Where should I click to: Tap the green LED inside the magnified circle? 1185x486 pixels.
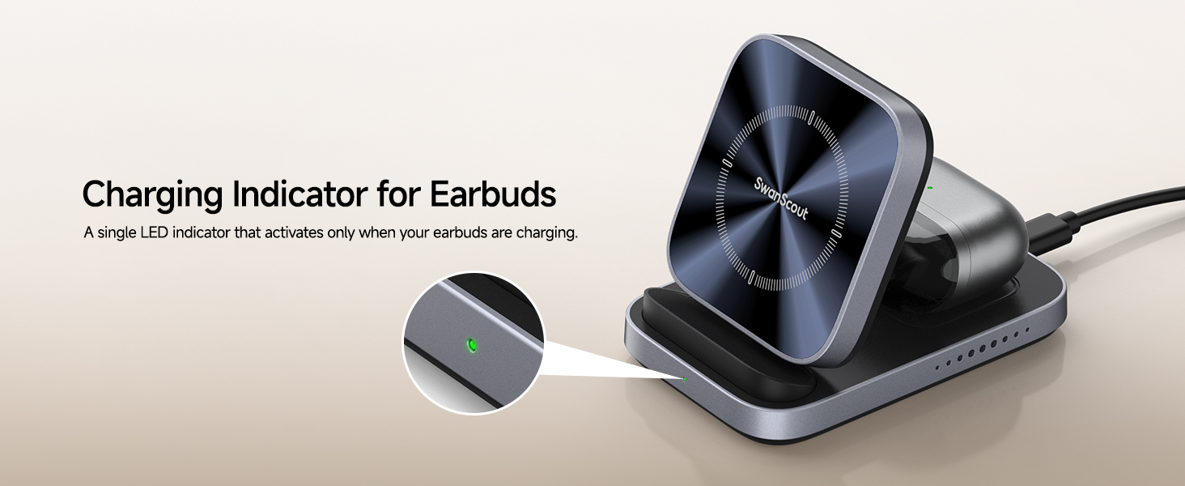(472, 347)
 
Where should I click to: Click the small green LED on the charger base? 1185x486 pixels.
(685, 378)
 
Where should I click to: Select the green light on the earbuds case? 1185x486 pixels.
(930, 188)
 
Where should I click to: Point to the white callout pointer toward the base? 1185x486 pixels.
(599, 360)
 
